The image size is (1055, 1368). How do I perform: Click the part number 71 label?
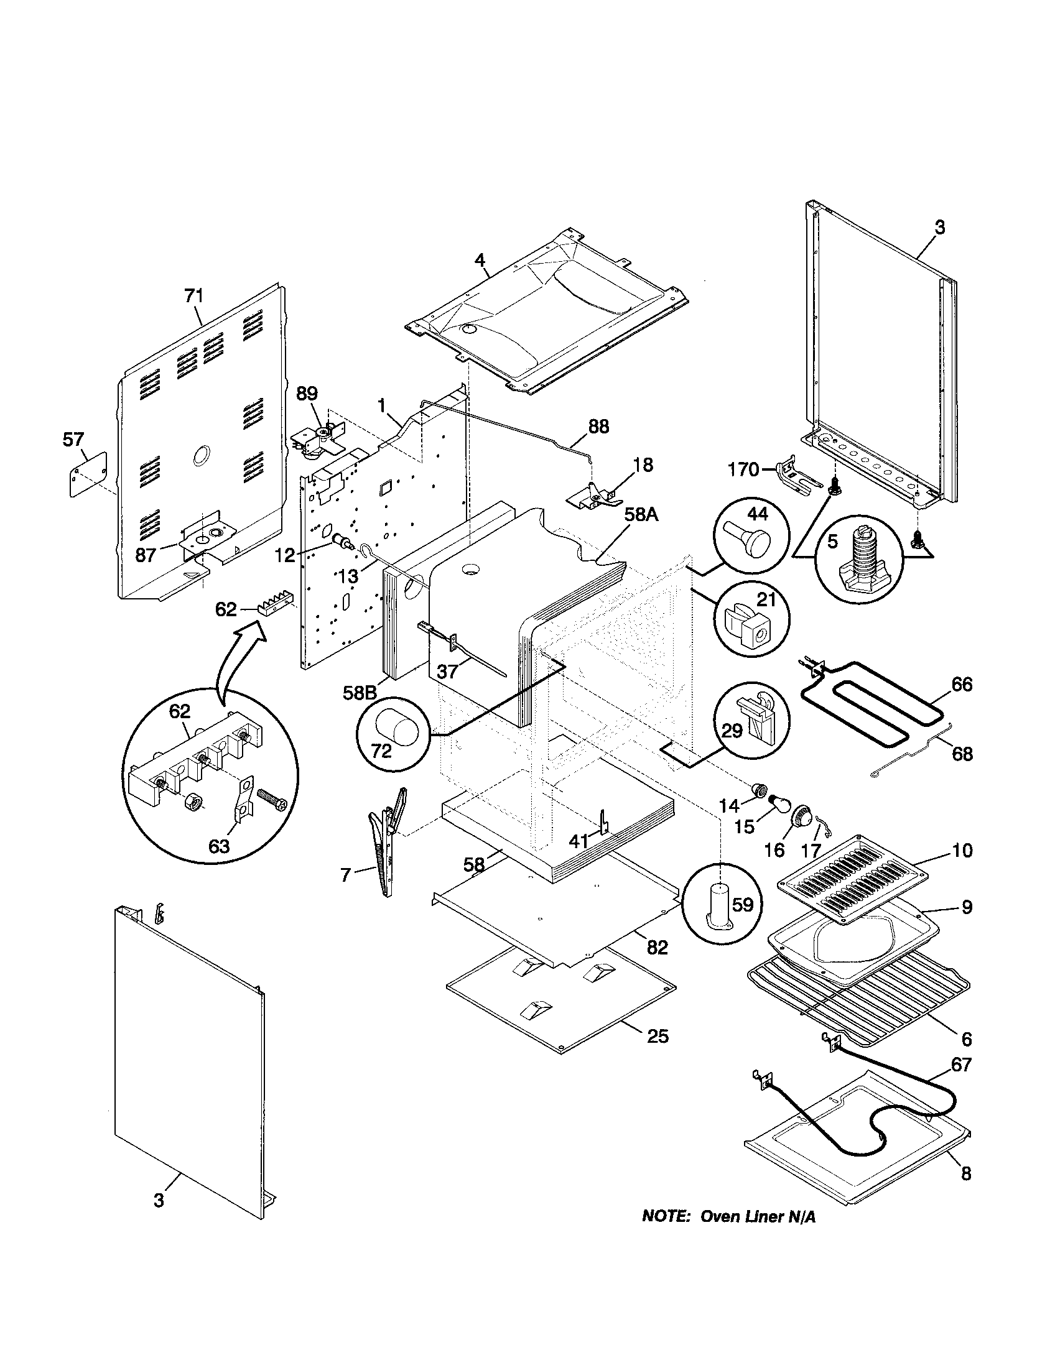pyautogui.click(x=193, y=295)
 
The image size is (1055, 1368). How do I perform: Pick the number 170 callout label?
pyautogui.click(x=743, y=468)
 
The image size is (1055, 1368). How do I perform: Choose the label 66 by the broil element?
pyautogui.click(x=961, y=684)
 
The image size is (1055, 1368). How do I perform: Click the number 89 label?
pyautogui.click(x=307, y=394)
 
